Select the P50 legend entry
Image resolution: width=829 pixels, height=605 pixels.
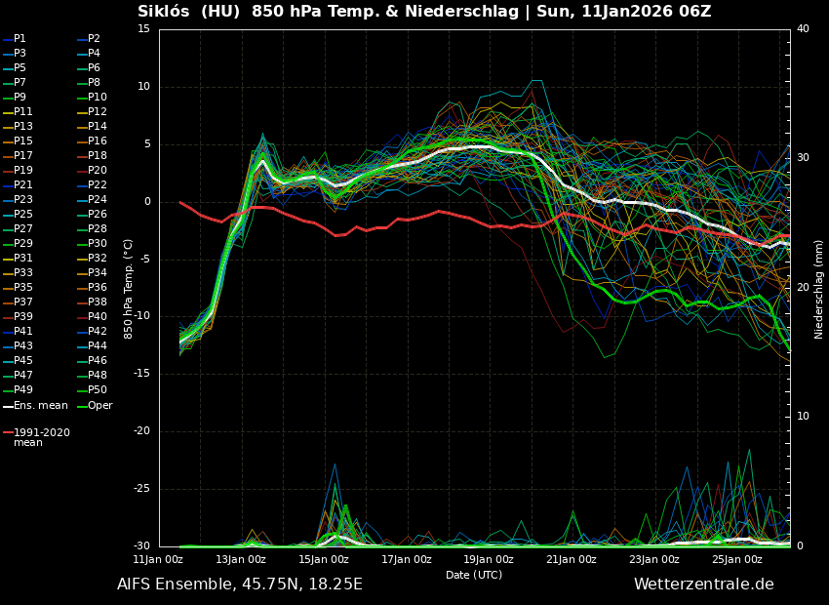coord(97,390)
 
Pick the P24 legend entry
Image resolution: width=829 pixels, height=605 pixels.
coord(97,200)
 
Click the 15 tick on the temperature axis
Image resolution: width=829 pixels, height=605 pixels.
coord(143,29)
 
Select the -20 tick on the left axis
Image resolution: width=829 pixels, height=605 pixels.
coord(140,431)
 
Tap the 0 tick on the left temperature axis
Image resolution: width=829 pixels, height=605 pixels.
coord(146,202)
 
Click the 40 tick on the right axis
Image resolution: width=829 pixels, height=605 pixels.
coord(803,29)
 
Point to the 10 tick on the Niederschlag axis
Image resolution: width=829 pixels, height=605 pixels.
coord(803,417)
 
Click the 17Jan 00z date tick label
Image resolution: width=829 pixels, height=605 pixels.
coord(407,559)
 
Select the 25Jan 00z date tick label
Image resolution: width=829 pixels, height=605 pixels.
coord(736,559)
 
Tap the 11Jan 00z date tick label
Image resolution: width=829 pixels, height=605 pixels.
coord(158,559)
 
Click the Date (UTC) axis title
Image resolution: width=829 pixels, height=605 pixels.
coord(474,576)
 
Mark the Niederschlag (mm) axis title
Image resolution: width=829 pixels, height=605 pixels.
coord(819,289)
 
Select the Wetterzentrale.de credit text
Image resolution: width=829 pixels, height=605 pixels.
coord(703,585)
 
